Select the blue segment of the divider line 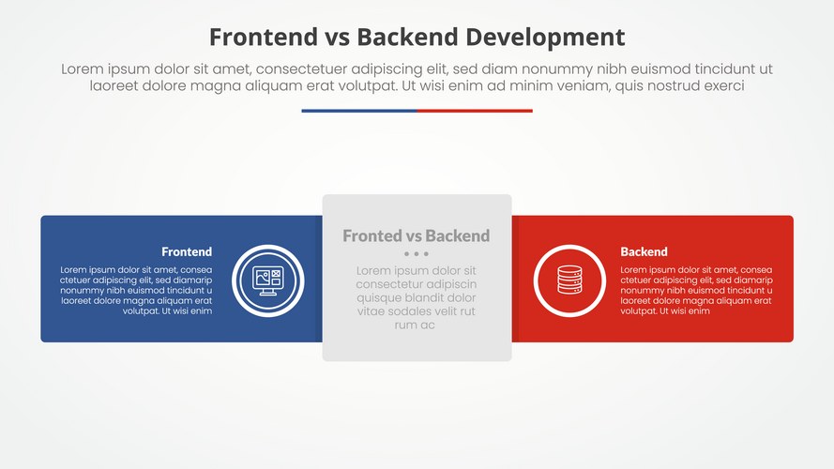click(x=358, y=111)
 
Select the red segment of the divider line click(x=475, y=111)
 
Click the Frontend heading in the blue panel click(x=187, y=251)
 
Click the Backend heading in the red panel click(x=644, y=251)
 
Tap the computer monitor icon click(x=267, y=280)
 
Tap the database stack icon click(x=569, y=280)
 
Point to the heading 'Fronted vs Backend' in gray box click(x=417, y=235)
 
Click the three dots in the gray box click(x=417, y=254)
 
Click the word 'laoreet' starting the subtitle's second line click(x=114, y=85)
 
